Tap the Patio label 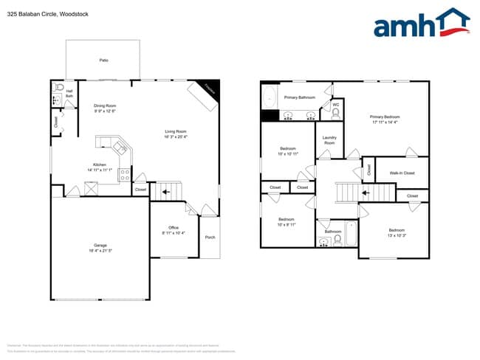tap(104, 60)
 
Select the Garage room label tap(100, 247)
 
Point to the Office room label tap(174, 229)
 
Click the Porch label tap(210, 237)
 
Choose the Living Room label tap(176, 134)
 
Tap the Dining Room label tap(105, 108)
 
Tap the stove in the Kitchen tap(125, 175)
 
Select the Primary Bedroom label tap(385, 119)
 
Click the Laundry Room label tap(329, 140)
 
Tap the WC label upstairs tap(335, 105)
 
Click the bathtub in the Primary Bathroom tap(270, 97)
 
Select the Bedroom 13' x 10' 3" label tap(397, 232)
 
